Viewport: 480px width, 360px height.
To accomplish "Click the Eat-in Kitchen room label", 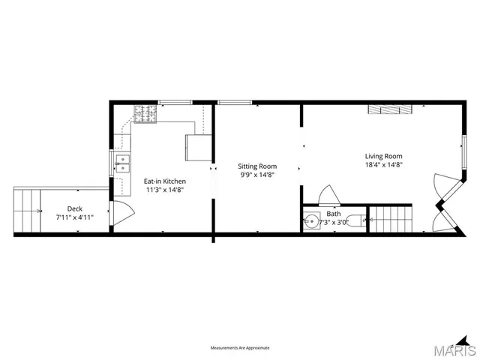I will coord(165,181).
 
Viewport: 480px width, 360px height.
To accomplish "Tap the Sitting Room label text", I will coord(257,166).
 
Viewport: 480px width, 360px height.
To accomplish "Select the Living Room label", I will coord(383,156).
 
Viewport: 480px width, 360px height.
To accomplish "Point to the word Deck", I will coord(74,208).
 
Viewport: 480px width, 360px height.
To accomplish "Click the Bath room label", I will coord(333,213).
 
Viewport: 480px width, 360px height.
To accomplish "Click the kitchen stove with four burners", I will coord(144,113).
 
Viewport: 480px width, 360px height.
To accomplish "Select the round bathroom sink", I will coord(311,222).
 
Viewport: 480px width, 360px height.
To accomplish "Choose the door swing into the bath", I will coord(328,195).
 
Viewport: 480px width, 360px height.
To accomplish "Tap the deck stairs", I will coord(28,211).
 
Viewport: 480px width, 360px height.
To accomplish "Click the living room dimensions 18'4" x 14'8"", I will coord(383,164).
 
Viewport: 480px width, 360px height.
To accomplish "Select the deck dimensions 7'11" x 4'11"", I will coord(74,217).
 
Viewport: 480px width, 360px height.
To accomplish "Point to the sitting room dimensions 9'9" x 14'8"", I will coord(257,175).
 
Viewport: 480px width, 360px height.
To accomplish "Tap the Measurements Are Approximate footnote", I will coord(240,348).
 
